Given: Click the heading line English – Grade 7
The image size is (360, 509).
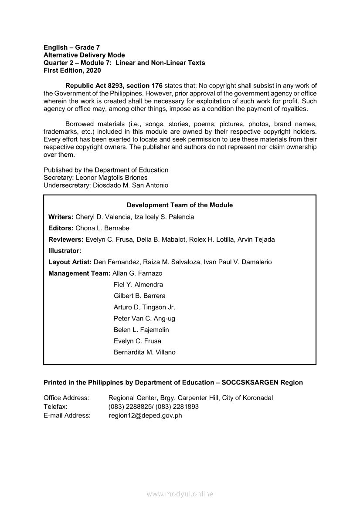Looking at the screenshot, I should pos(71,47).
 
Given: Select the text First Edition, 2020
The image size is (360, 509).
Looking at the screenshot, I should pos(72,71).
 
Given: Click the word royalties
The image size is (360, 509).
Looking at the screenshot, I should pos(293,109).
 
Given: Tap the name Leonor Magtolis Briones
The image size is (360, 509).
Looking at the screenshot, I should pos(112,178).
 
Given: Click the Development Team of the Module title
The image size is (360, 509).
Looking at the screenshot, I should pos(180,205).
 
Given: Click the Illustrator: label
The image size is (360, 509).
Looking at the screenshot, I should pos(65,251).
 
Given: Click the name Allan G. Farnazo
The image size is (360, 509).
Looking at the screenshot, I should pos(137,273).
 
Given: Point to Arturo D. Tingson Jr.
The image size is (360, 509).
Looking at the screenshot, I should pos(144,307).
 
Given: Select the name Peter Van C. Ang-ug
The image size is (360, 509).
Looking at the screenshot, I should pos(144,319).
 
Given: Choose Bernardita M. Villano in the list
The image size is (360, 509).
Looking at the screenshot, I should pos(144,353).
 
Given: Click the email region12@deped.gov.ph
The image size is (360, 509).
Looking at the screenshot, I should pos(145,415).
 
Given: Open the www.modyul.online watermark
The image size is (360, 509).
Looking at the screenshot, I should pos(180,494).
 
